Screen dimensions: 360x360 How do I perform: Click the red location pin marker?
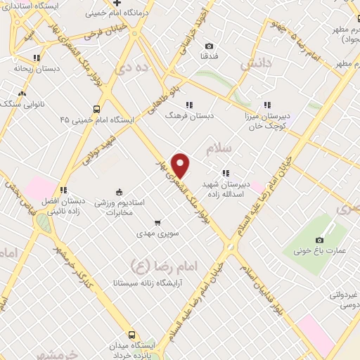181,165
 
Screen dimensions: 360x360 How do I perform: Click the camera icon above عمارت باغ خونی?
320,239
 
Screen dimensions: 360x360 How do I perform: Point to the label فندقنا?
209,55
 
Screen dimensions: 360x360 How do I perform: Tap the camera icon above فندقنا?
209,46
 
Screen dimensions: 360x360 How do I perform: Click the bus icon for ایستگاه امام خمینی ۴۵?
96,109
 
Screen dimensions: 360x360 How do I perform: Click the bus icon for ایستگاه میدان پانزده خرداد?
131,335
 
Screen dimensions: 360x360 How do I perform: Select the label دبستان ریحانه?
30,69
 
